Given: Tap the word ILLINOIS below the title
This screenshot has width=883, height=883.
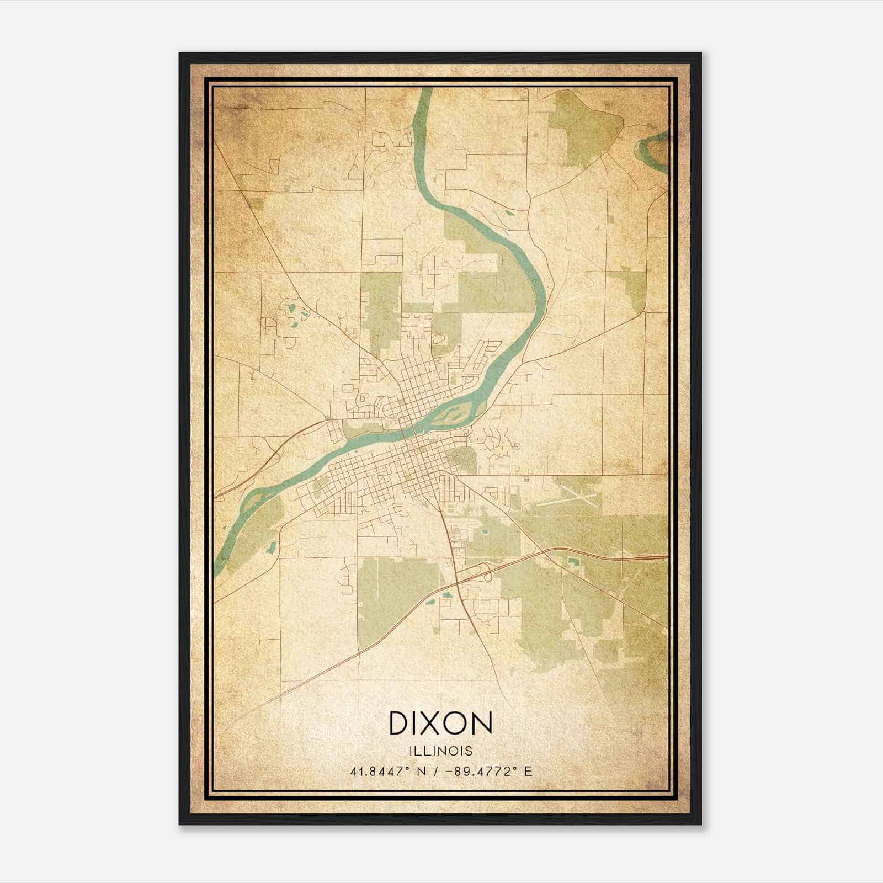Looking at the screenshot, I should [441, 751].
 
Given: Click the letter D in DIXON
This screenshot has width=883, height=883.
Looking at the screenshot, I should [399, 723].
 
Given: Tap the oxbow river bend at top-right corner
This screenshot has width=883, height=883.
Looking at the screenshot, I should [653, 147].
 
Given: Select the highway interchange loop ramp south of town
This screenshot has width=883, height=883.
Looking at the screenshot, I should [485, 573].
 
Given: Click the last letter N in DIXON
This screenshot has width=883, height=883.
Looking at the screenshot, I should [481, 723].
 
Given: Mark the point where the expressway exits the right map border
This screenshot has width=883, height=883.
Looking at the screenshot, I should [667, 557].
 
